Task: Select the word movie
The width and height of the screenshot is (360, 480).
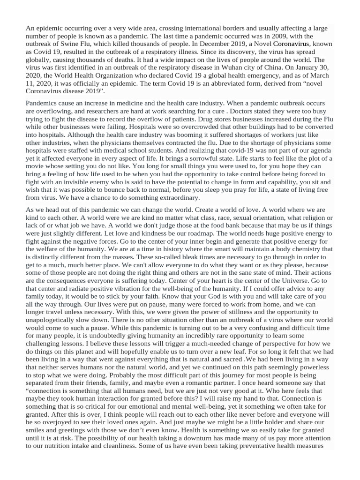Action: pos(37,167)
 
